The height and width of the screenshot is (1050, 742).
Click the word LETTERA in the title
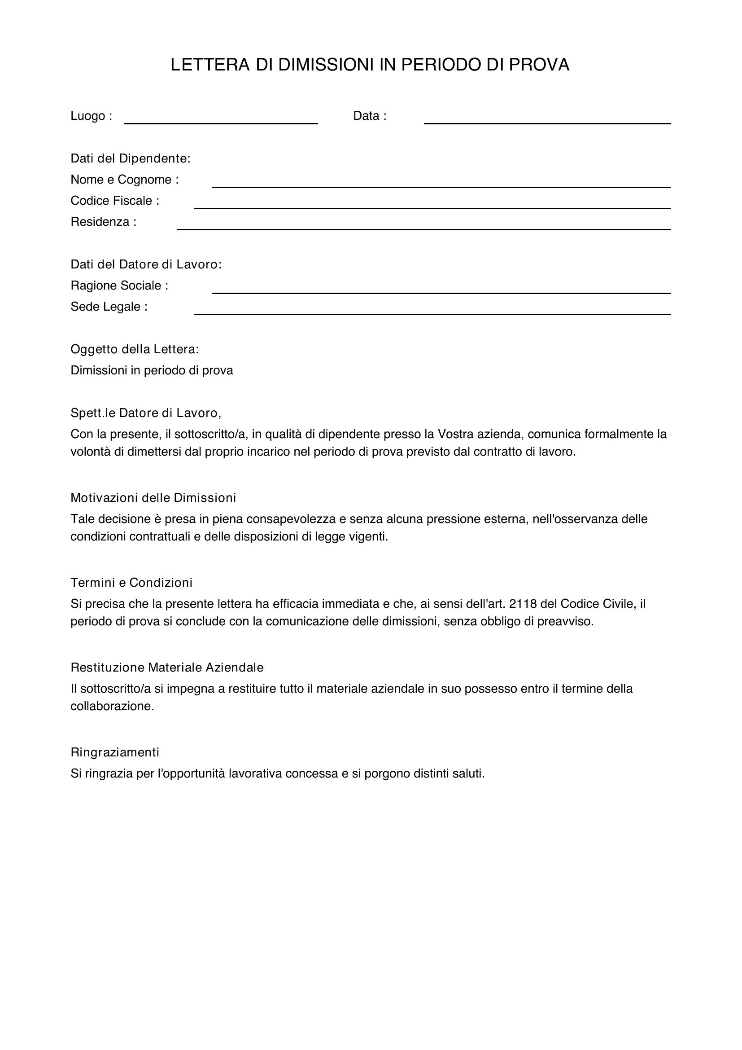210,65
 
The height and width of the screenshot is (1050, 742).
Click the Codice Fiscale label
115,201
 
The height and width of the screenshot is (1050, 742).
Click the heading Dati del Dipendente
130,158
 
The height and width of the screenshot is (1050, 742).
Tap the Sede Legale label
109,307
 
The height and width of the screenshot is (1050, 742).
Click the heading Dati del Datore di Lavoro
146,264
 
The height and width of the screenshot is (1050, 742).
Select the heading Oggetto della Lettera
134,349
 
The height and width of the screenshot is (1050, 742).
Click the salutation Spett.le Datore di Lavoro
146,413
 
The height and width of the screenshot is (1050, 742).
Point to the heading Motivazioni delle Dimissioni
153,497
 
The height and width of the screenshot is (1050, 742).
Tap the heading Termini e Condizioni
131,583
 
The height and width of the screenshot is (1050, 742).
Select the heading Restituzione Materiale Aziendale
167,668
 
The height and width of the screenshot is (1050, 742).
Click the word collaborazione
112,706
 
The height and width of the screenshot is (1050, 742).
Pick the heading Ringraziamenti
115,752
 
